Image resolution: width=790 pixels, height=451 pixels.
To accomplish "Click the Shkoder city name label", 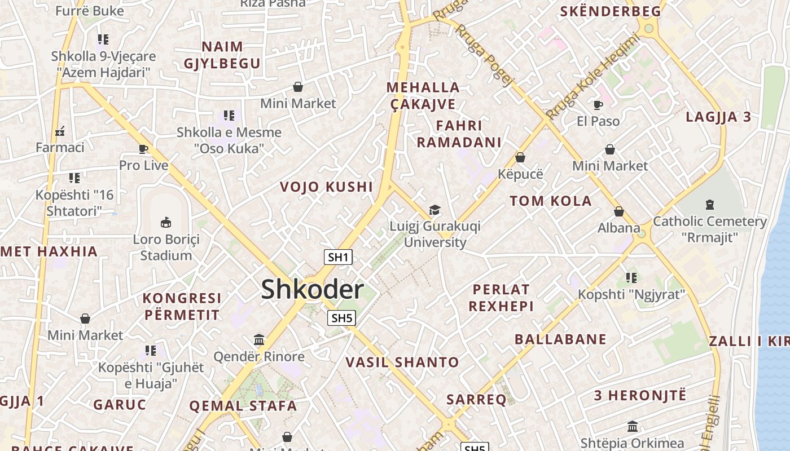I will point(312,289).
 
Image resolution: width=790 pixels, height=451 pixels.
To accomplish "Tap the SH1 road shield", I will point(338,258).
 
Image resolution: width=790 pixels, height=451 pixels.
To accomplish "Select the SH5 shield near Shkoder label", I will point(341,318).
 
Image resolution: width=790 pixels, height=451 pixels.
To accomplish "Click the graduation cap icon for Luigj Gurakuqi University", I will point(434,210).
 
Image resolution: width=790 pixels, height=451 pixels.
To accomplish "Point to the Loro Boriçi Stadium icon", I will point(166,222).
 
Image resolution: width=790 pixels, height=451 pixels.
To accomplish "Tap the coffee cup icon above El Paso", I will point(598,105).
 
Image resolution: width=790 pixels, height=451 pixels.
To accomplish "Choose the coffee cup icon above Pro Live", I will point(143,149).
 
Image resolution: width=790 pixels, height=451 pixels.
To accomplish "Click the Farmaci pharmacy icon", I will point(60,131).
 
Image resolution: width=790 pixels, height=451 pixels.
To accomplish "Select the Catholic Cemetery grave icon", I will point(710,205).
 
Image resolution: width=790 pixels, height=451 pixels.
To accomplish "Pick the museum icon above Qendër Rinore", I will point(259,340).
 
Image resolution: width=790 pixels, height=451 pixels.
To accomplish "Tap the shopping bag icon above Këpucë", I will point(520,157).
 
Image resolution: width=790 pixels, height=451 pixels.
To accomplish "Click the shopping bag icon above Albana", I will point(619,211).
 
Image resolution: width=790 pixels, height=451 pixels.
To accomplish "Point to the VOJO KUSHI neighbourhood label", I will point(327,187).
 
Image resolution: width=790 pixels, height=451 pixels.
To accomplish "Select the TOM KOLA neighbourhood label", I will point(551,201).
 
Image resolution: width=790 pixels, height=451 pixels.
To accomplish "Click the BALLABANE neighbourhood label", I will point(560,339).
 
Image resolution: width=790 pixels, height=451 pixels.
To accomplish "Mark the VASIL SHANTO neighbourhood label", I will point(402,362).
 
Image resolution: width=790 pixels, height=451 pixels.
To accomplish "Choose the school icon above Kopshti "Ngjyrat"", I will point(631,277).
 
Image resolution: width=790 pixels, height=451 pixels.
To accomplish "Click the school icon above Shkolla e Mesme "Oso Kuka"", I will point(229,116).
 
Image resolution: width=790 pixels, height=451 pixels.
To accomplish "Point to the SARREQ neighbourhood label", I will point(476,400).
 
